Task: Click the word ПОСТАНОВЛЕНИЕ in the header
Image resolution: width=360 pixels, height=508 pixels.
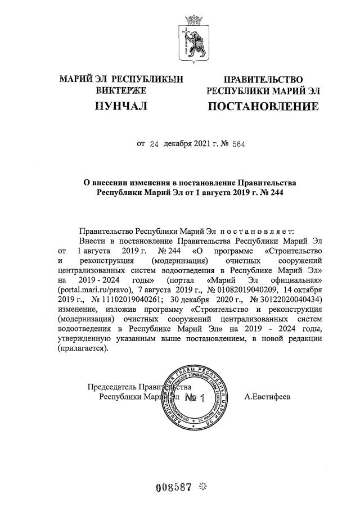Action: (x=263, y=106)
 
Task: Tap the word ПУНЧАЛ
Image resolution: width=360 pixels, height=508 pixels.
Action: (x=121, y=106)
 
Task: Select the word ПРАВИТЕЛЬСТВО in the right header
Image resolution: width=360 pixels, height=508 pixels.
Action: (x=263, y=80)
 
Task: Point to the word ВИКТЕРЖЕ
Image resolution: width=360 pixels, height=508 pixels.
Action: (x=121, y=90)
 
